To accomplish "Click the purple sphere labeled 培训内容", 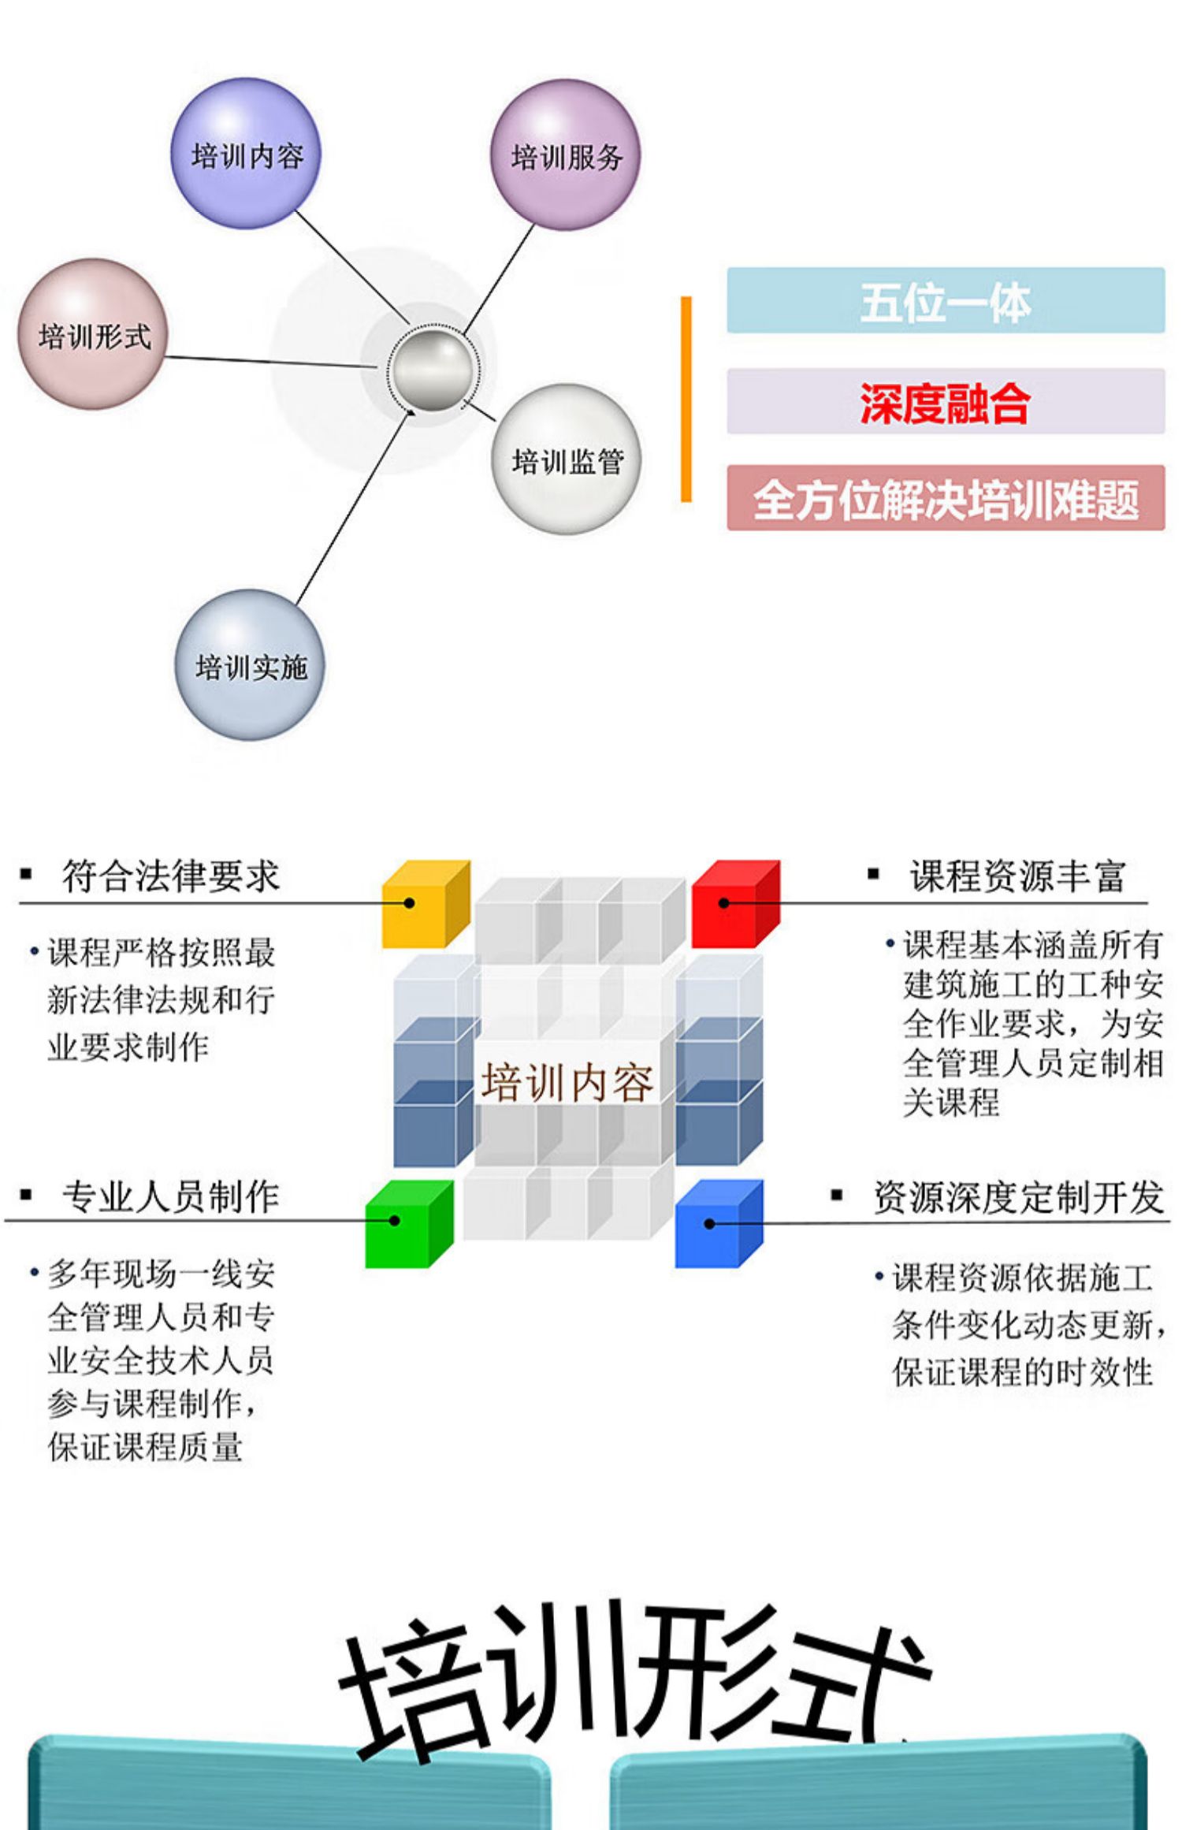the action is point(246,154).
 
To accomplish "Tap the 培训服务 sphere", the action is point(565,155).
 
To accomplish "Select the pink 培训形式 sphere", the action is point(93,335).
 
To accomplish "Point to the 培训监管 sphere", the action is point(567,459).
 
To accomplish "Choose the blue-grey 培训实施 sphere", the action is point(250,666).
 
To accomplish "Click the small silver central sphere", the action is point(432,370).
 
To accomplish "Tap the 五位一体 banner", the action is point(945,300).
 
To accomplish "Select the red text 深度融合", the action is point(945,402).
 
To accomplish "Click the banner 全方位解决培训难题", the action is point(945,498).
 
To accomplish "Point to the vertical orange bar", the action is point(686,399).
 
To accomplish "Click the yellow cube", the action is point(424,904).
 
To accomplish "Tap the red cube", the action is point(734,904).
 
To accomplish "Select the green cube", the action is point(407,1224).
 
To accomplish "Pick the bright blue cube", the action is point(718,1224).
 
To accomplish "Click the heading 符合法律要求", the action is point(171,876).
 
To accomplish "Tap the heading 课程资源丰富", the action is point(1017,876).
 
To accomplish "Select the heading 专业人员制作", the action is point(171,1196).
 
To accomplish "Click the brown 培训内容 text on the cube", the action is point(567,1083).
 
